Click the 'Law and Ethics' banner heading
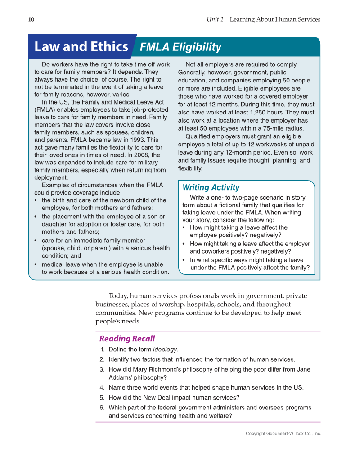[81, 47]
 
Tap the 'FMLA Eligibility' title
[181, 47]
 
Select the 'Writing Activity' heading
[211, 187]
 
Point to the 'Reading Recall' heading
[127, 339]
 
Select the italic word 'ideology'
[165, 350]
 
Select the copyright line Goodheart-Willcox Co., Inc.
[283, 433]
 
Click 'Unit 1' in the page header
[215, 19]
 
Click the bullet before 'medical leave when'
[36, 264]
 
